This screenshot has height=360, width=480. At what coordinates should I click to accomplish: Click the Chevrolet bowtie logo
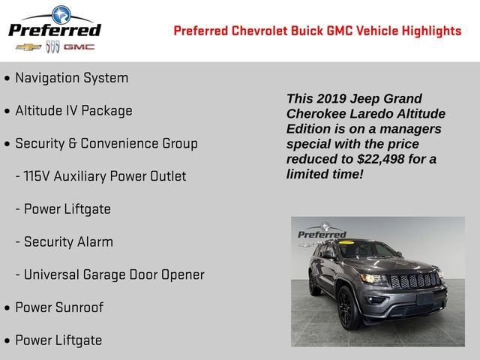tap(28, 47)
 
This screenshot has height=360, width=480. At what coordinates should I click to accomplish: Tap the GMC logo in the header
tap(79, 47)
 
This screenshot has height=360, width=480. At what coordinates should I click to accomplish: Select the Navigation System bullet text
tap(71, 78)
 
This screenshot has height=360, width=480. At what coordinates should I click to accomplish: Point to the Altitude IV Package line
tap(73, 111)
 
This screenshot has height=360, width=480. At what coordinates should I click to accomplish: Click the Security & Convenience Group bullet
tap(106, 143)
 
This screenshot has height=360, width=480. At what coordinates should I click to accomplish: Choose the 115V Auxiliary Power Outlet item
tap(105, 176)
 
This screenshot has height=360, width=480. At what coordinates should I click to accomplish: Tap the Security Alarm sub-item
tap(68, 241)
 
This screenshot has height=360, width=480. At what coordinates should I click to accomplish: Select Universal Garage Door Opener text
tap(114, 274)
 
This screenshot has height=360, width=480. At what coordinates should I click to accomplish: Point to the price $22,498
tap(389, 159)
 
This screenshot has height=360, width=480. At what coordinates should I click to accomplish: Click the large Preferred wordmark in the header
tap(55, 29)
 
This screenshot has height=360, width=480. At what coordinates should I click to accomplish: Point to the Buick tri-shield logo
tap(52, 47)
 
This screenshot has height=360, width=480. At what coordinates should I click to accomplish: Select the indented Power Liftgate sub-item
tap(67, 209)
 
